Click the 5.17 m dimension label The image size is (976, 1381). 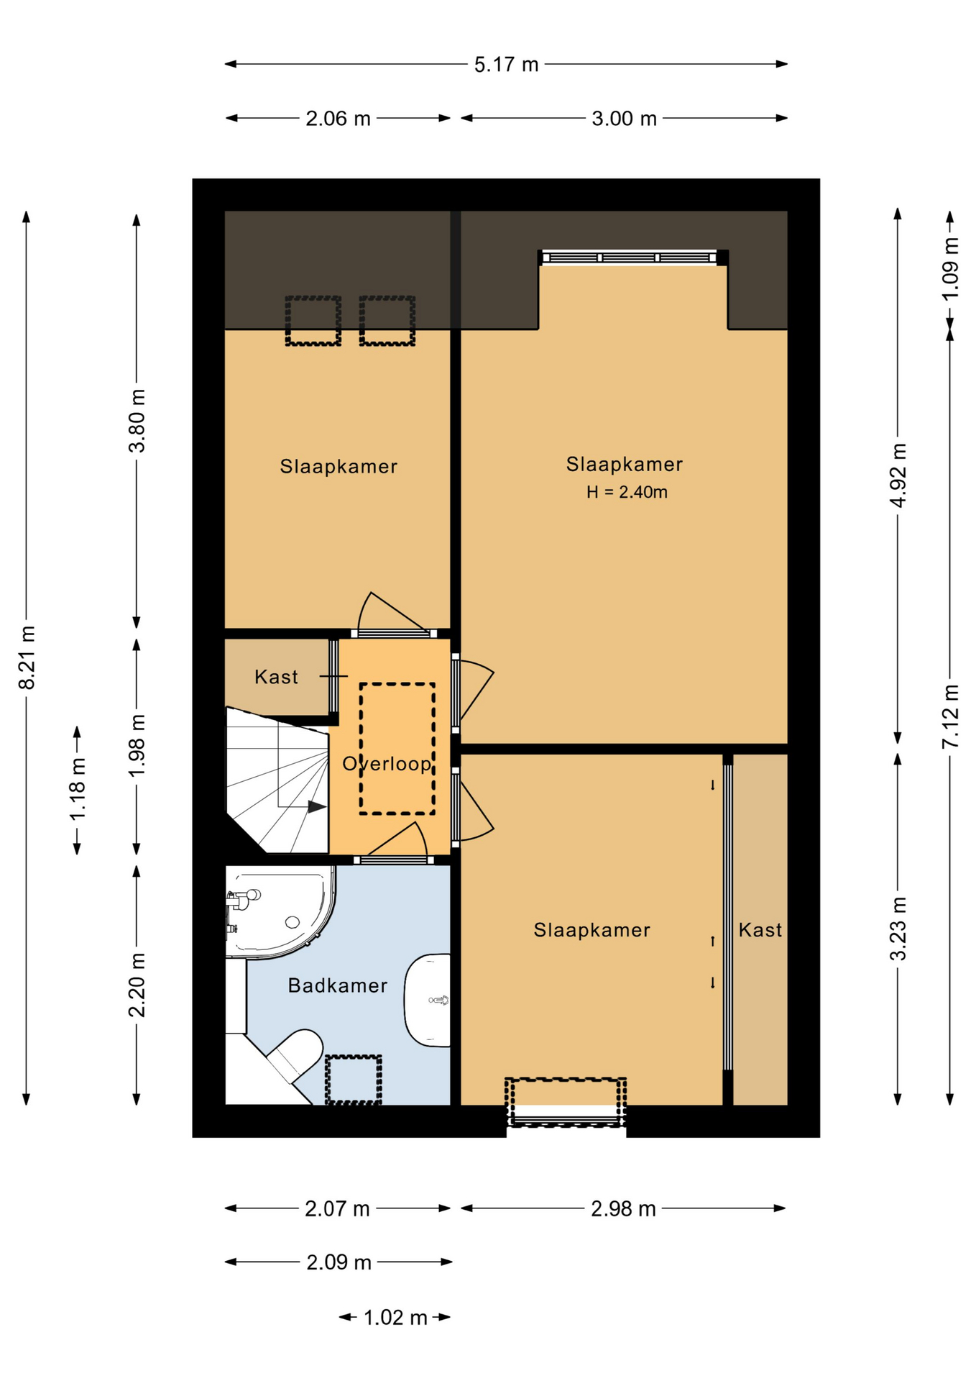(506, 65)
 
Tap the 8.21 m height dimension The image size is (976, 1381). (27, 657)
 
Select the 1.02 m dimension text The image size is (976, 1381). (395, 1318)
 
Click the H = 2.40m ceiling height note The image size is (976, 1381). (627, 492)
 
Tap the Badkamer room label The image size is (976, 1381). (337, 985)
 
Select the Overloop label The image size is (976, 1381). (387, 763)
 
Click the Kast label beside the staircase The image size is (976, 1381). (276, 677)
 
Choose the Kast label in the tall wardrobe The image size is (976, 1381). (760, 930)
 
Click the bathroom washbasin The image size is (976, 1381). (428, 1000)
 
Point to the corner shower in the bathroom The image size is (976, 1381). (279, 911)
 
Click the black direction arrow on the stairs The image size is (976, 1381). (317, 807)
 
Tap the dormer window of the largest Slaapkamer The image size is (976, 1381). (633, 257)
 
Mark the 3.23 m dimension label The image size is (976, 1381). (898, 929)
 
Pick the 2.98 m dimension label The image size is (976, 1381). (623, 1209)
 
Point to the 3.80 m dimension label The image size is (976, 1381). (137, 421)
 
